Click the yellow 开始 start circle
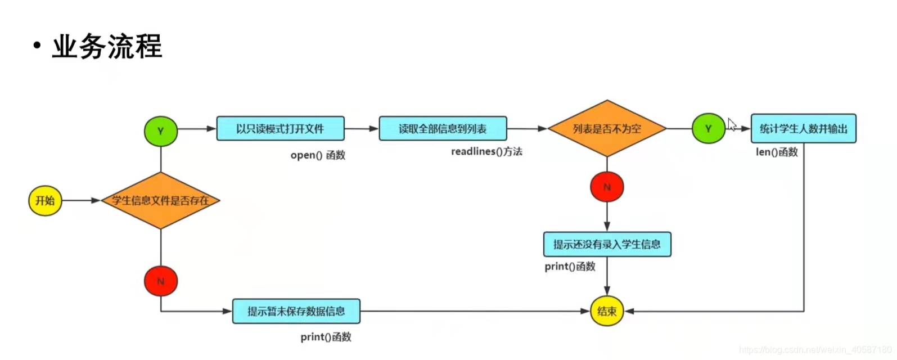pos(45,200)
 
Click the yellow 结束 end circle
pos(607,311)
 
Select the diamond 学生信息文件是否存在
pos(160,200)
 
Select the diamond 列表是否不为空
pos(607,129)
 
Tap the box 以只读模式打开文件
pos(280,129)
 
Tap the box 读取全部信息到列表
pos(443,129)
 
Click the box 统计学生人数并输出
pos(803,129)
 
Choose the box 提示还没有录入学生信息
pos(607,244)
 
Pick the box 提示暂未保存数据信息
pos(296,311)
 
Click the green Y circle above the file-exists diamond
pos(161,131)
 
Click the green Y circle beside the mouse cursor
pos(708,129)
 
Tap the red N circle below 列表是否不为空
pos(607,187)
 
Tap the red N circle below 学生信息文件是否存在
pos(161,281)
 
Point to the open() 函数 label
pos(318,155)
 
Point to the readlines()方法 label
pos(486,152)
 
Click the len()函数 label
pos(777,152)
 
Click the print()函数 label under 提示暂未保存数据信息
pos(326,337)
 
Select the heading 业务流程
pos(107,46)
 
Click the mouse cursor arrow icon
pos(732,124)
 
